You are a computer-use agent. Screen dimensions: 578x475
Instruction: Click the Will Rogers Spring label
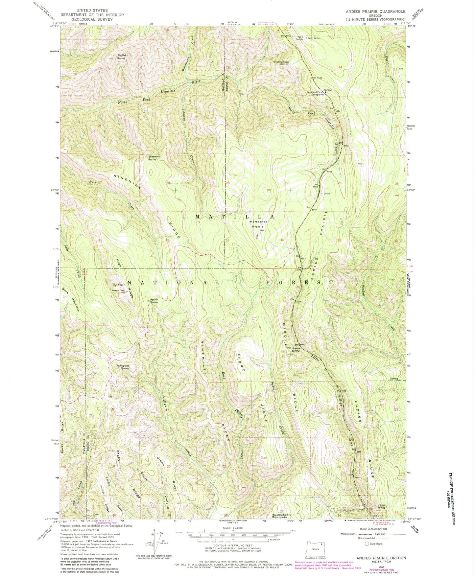click(x=293, y=350)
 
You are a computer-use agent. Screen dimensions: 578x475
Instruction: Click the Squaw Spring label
click(x=154, y=301)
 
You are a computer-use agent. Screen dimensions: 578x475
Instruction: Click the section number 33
click(x=227, y=240)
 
